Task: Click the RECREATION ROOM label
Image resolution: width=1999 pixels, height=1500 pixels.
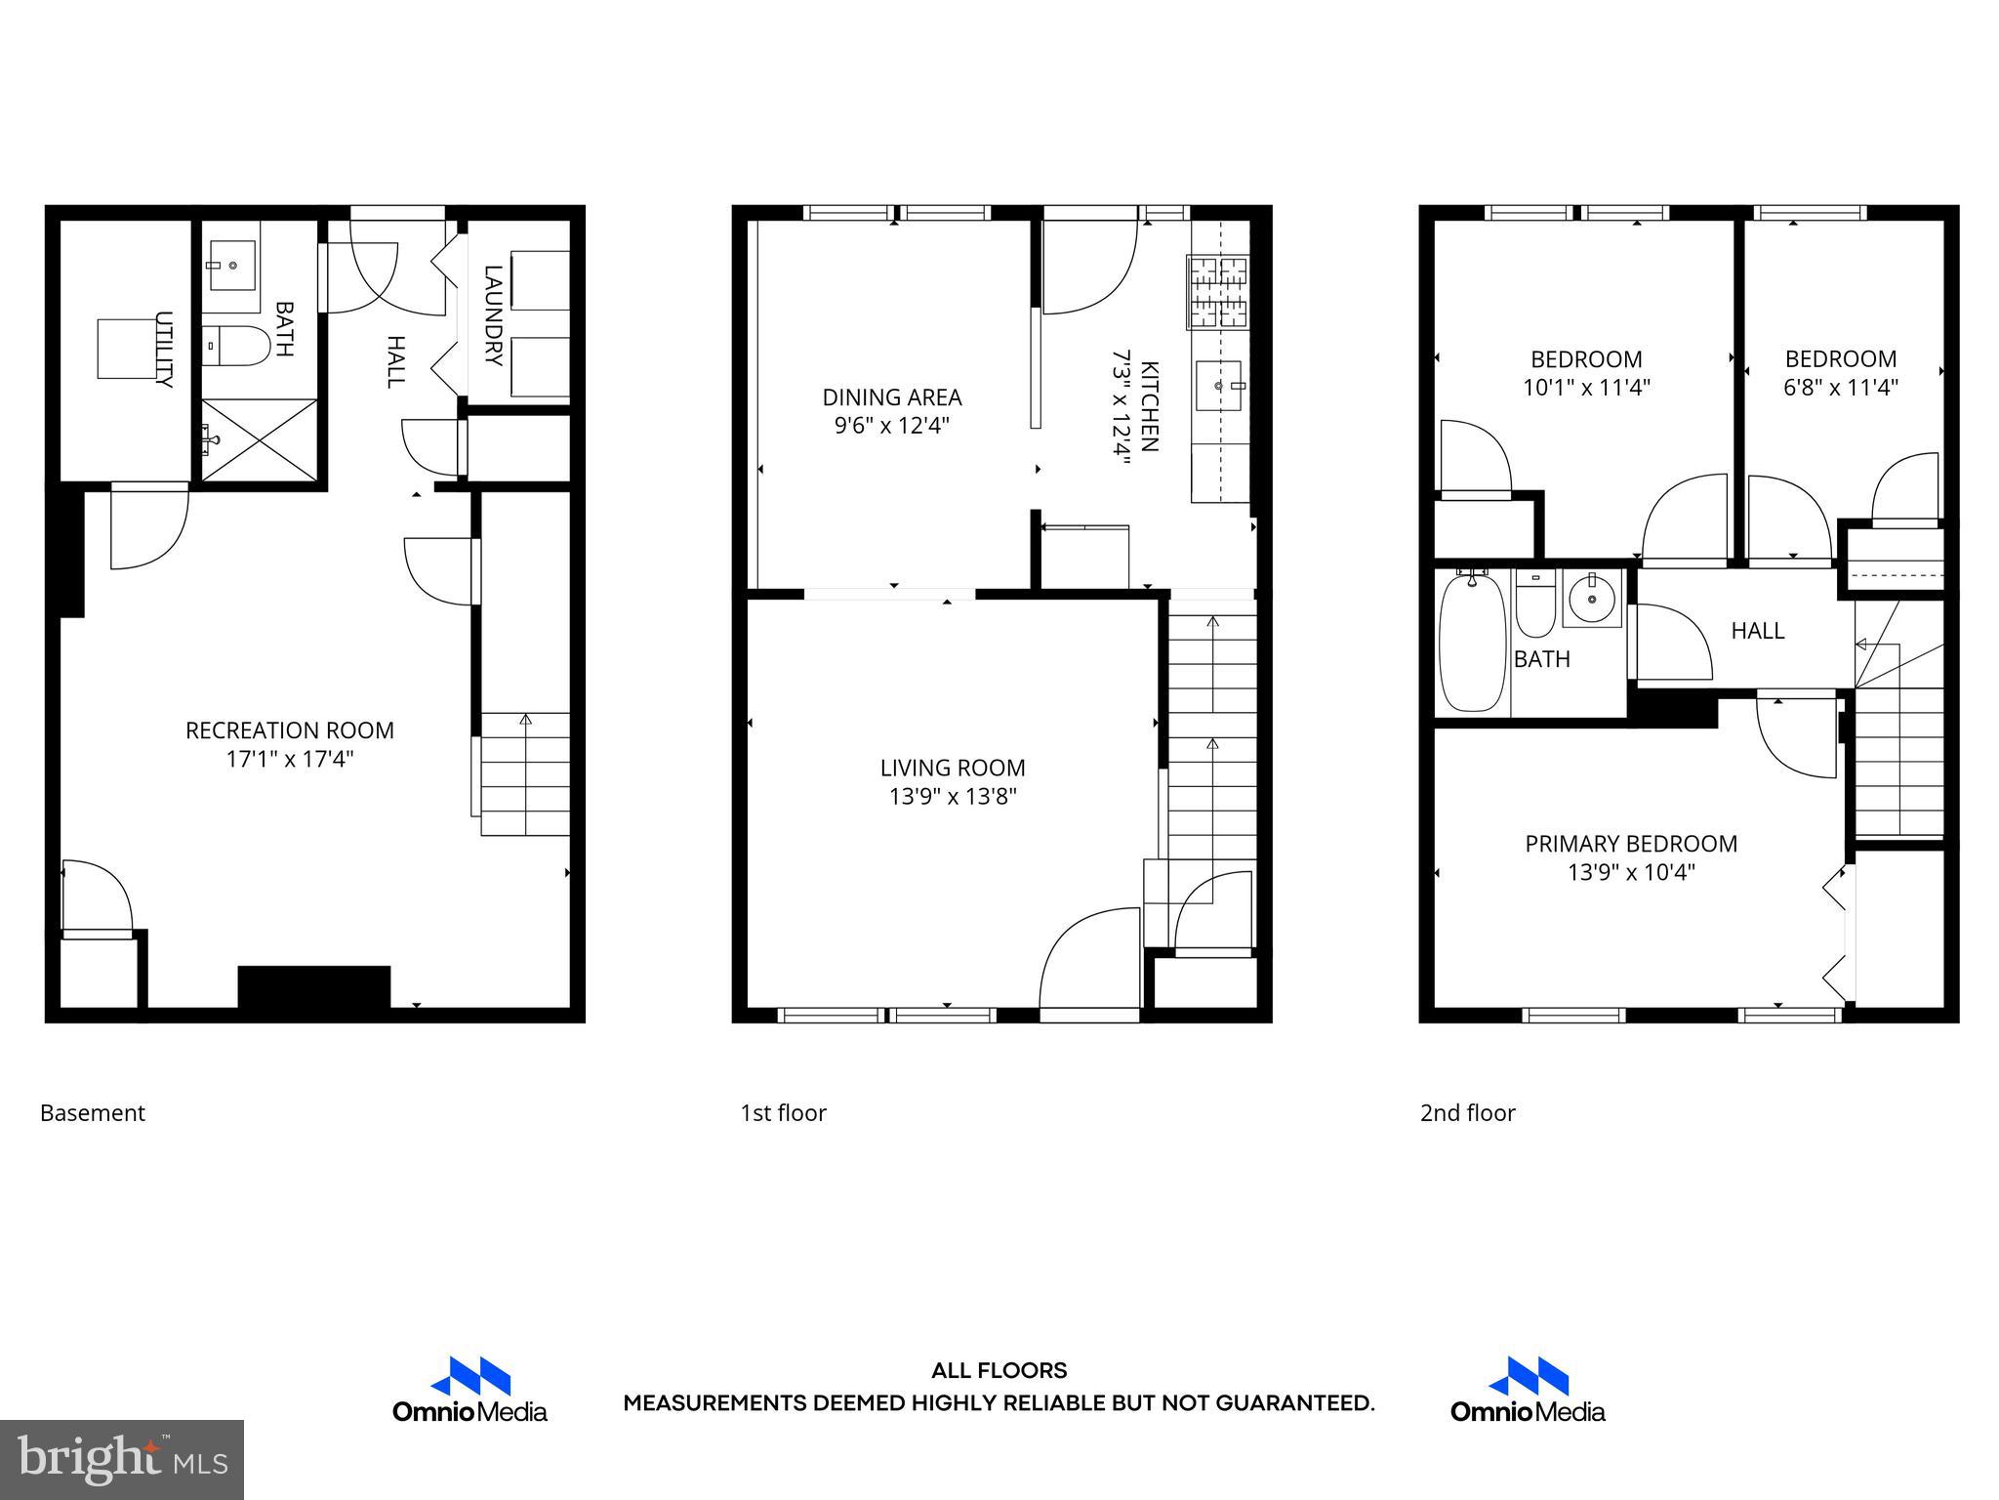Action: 290,730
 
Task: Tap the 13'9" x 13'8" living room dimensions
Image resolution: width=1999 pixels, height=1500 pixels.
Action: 953,797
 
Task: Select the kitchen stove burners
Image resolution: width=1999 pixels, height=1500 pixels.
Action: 1218,291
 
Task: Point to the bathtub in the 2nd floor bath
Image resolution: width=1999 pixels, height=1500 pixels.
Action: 1472,643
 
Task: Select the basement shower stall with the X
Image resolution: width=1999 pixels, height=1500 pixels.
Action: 260,440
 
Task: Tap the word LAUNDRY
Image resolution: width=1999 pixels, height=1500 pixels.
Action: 493,315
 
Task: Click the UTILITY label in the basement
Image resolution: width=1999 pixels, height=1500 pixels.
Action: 164,350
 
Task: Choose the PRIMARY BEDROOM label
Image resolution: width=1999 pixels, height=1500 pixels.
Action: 1631,844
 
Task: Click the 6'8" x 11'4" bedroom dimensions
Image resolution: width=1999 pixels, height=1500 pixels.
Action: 1840,388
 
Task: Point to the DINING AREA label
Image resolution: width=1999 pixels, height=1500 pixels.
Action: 892,397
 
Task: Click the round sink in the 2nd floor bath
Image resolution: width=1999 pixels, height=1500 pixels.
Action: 1591,598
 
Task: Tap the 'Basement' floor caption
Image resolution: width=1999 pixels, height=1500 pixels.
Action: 93,1113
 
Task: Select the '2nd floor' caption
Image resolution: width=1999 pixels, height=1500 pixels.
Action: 1467,1113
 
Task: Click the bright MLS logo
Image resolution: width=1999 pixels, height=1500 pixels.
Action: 122,1459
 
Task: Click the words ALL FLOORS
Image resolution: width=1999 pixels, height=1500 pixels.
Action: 999,1370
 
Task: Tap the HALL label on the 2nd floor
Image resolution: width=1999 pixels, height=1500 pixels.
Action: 1757,631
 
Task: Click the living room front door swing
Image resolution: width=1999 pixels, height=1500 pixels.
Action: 1088,962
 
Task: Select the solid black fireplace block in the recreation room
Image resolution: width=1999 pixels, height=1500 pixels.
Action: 314,986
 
